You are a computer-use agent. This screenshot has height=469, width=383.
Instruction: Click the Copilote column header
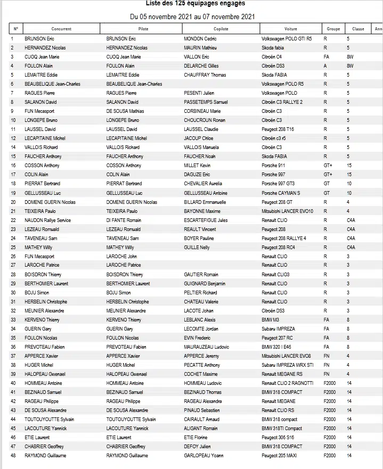[x=221, y=29]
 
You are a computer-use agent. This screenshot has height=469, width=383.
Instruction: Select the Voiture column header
[x=291, y=29]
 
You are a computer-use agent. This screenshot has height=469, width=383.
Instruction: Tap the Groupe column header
[x=333, y=29]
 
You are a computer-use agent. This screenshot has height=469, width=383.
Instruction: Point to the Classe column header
[x=355, y=29]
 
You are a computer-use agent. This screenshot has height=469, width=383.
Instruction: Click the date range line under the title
[x=192, y=17]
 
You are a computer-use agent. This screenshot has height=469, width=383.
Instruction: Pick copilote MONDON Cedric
[x=200, y=39]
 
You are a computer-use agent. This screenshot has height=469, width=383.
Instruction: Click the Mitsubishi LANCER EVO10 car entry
[x=287, y=211]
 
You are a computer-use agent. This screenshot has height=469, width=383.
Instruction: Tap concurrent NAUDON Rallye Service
[x=47, y=220]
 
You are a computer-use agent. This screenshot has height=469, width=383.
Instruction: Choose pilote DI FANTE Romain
[x=124, y=220]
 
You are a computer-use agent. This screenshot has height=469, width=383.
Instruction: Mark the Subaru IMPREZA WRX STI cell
[x=287, y=365]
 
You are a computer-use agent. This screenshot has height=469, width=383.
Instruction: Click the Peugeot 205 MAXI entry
[x=280, y=455]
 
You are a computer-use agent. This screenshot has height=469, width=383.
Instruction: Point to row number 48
[x=13, y=455]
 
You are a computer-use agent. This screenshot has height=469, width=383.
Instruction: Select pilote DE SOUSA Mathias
[x=126, y=111]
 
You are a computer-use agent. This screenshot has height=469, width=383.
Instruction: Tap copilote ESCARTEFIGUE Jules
[x=206, y=220]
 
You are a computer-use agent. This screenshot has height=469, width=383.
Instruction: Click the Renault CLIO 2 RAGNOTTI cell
[x=288, y=383]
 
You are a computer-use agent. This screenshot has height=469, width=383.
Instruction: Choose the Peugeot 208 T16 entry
[x=278, y=129]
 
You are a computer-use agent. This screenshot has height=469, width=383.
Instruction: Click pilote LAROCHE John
[x=121, y=256]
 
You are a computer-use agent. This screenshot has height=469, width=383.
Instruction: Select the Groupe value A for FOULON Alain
[x=325, y=66]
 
